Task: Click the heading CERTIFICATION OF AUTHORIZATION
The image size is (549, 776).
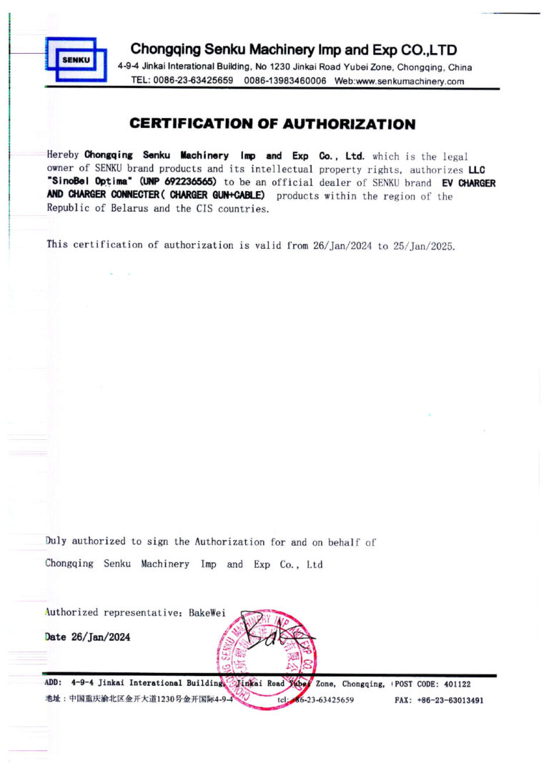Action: [x=272, y=124]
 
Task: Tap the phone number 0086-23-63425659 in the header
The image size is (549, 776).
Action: [x=192, y=81]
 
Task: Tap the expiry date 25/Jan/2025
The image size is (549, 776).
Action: [x=422, y=245]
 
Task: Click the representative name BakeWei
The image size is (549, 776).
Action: [x=207, y=612]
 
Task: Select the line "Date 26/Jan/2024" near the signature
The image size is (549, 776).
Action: [x=88, y=637]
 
